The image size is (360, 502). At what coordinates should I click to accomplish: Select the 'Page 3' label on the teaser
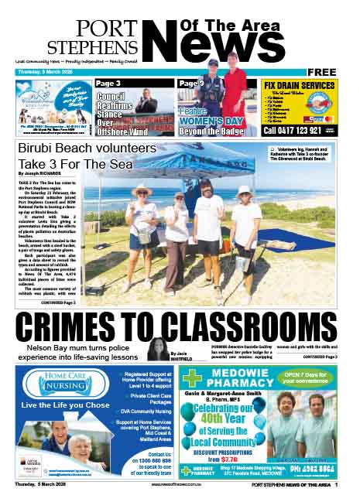108,84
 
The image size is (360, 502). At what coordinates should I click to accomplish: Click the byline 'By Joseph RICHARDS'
43,175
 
